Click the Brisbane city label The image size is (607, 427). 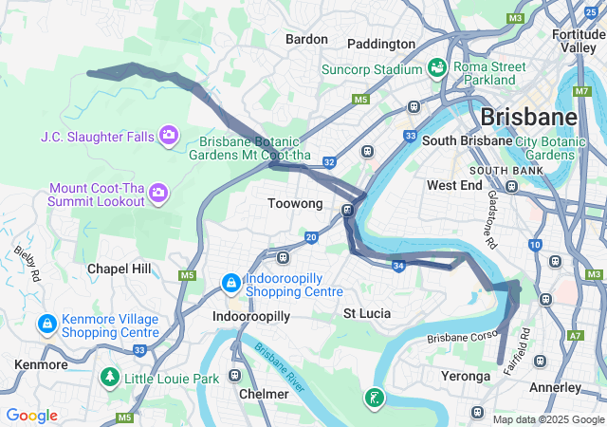(528, 117)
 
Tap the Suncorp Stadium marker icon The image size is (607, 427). (436, 68)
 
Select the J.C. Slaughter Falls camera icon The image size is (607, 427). (169, 136)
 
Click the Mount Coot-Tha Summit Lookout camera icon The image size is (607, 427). (158, 195)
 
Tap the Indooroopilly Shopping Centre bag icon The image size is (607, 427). (230, 283)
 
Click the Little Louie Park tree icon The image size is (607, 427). (111, 378)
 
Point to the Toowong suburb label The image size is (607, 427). (295, 204)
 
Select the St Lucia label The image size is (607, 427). (367, 312)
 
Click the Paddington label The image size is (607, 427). (381, 44)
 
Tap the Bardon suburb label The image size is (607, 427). (306, 39)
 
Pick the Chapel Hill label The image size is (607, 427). (119, 269)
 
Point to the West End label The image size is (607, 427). (455, 185)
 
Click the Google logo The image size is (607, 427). (31, 416)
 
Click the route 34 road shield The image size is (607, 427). (399, 266)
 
